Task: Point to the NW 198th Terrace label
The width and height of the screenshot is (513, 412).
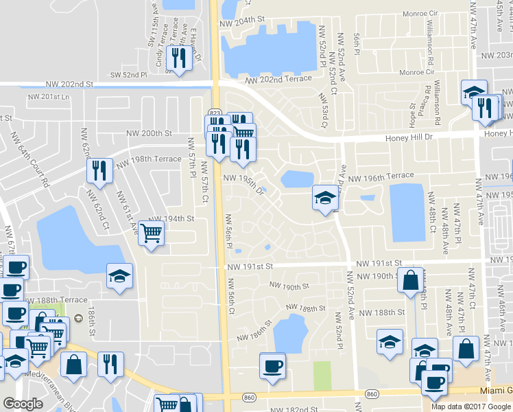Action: (x=149, y=159)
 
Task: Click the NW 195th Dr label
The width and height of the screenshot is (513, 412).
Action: (x=243, y=184)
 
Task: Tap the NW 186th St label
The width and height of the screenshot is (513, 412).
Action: (x=254, y=331)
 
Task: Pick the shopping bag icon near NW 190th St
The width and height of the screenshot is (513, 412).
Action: (x=410, y=280)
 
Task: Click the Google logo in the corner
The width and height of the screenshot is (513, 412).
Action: (x=23, y=404)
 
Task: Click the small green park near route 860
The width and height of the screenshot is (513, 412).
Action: (x=322, y=374)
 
